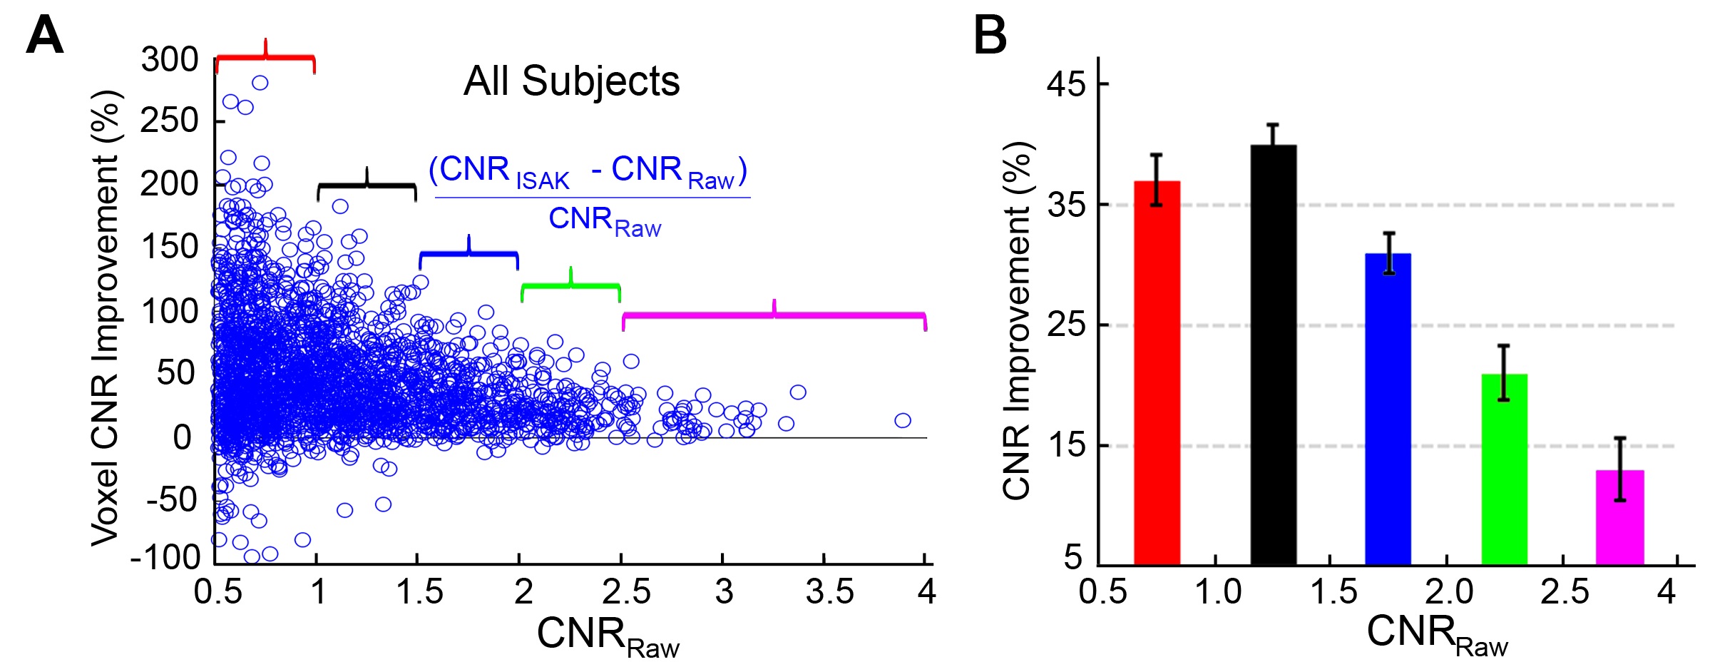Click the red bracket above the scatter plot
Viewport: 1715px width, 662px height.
265,57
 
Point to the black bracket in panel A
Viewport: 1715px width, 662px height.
367,185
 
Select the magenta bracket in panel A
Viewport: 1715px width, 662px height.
774,315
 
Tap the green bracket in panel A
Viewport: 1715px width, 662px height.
570,285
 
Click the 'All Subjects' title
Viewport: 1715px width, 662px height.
571,81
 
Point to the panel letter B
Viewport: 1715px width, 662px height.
990,36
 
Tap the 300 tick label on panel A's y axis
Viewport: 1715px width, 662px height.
170,60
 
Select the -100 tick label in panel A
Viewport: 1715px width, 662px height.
165,556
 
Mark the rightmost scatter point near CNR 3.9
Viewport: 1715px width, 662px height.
903,420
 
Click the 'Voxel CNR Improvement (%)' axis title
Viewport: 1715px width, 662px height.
105,317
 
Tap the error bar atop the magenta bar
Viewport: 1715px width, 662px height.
1620,469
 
